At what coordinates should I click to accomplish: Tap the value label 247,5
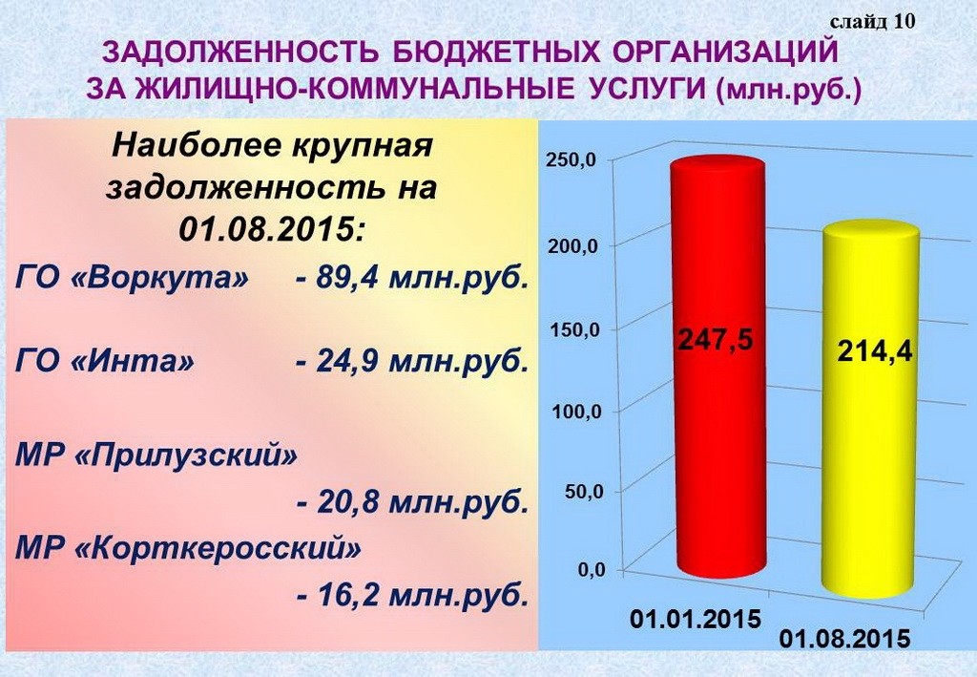(x=716, y=340)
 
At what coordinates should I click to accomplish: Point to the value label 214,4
(x=875, y=352)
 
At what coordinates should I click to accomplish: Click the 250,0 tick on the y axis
(x=571, y=159)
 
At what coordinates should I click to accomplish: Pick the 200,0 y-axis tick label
(x=572, y=245)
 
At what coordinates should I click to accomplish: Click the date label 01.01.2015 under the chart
(x=696, y=619)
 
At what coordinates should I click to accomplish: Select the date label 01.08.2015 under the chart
(x=844, y=640)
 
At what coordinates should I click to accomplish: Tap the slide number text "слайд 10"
(x=872, y=22)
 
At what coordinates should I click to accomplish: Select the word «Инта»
(x=133, y=361)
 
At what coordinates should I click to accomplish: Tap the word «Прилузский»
(x=186, y=455)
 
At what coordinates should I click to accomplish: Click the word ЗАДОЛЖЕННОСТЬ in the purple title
(x=240, y=53)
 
